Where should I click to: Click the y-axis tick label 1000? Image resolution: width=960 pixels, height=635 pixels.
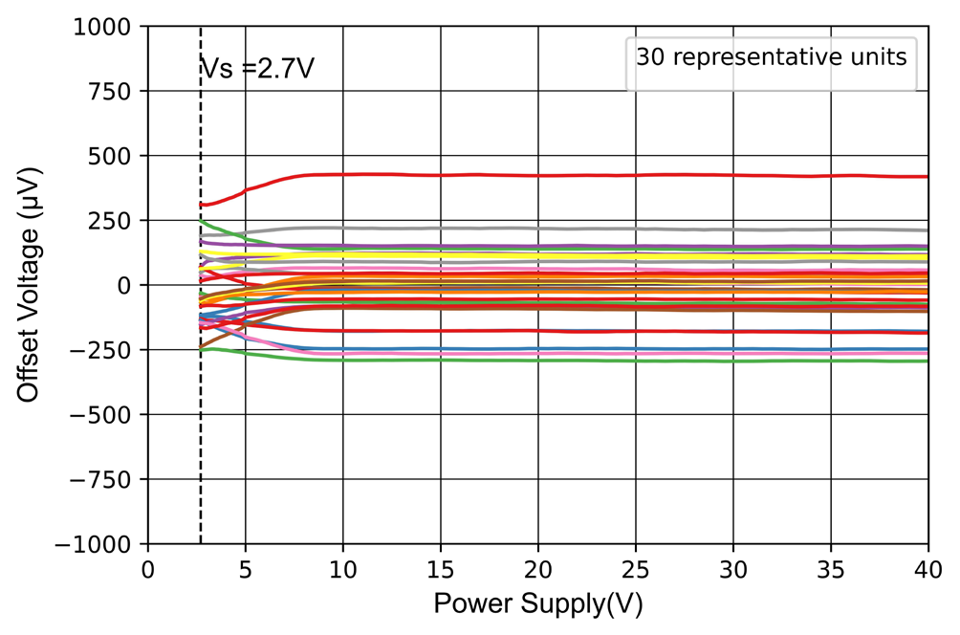(x=106, y=27)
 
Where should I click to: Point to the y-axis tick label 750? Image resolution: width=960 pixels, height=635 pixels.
(x=116, y=91)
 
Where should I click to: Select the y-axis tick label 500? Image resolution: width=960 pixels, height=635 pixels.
(x=116, y=156)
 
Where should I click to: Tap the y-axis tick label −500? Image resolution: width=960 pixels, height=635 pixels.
(x=108, y=414)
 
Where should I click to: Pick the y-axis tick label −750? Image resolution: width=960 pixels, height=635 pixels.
(x=108, y=479)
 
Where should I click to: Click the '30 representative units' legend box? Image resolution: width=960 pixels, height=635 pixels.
(x=771, y=57)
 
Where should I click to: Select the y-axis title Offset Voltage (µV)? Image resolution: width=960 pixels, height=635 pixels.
(x=31, y=285)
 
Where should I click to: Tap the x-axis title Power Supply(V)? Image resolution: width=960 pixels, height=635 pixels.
(x=536, y=604)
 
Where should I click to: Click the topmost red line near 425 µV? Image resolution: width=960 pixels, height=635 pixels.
(x=574, y=175)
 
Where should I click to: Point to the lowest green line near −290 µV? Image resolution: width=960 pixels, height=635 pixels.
(x=574, y=361)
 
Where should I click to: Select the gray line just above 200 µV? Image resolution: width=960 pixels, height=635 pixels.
(x=574, y=229)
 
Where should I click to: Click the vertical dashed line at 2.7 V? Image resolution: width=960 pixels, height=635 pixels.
(x=201, y=430)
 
